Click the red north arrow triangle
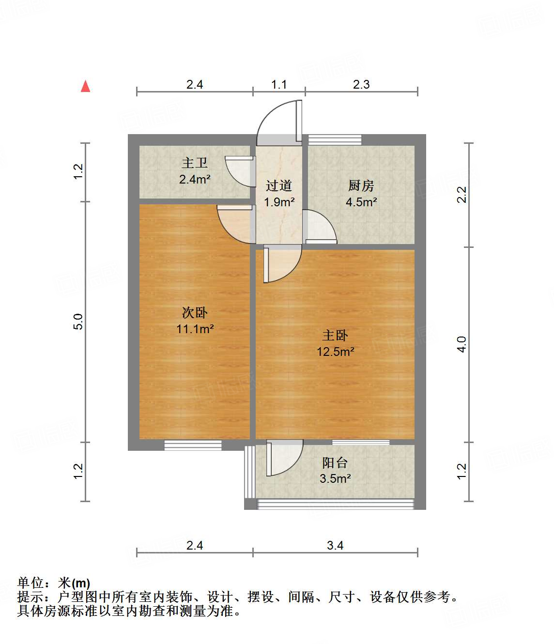(x=86, y=86)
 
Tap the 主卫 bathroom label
(x=195, y=163)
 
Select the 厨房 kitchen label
(x=361, y=186)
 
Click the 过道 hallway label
(x=279, y=186)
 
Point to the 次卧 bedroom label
(x=195, y=313)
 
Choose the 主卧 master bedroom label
(x=335, y=336)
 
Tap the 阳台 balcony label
(x=335, y=463)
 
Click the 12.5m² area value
(x=335, y=352)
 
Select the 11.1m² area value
(x=195, y=329)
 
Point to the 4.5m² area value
(x=361, y=202)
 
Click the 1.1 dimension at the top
(x=279, y=85)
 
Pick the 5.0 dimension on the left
(x=78, y=322)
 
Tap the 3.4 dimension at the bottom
(x=335, y=546)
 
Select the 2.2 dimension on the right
(x=462, y=195)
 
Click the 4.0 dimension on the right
(x=462, y=344)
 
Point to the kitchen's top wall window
(x=335, y=139)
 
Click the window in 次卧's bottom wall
(x=193, y=445)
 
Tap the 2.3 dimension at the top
(x=361, y=85)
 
